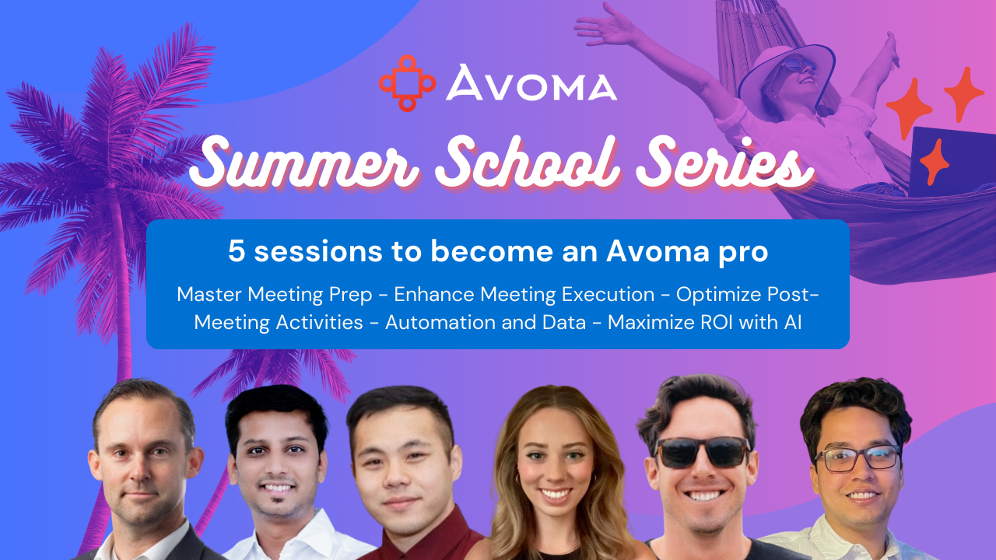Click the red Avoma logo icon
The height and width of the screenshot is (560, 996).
[407, 82]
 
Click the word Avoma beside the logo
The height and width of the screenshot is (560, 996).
[531, 83]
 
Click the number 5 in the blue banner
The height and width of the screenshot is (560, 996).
[237, 251]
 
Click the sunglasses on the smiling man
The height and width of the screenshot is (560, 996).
[703, 452]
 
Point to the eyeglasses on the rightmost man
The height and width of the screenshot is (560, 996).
[856, 458]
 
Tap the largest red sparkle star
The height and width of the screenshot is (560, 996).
[908, 108]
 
